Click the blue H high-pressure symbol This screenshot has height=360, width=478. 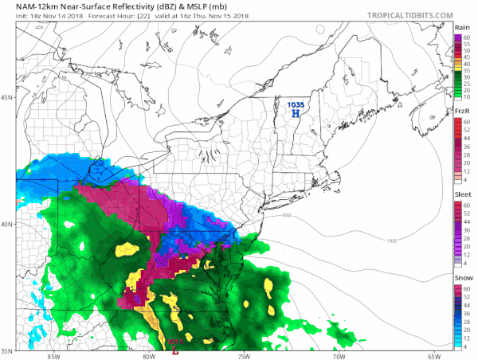[x=296, y=114]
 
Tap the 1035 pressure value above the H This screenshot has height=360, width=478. [x=296, y=104]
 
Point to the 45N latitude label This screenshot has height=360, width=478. [x=7, y=98]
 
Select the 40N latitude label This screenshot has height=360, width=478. [x=7, y=224]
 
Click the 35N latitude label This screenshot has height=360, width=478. [x=7, y=350]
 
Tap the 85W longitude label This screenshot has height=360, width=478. [x=53, y=356]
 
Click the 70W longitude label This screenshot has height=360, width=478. [x=339, y=356]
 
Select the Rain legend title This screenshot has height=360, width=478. [x=460, y=28]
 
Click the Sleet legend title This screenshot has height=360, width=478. [x=460, y=194]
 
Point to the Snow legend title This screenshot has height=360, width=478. [x=460, y=276]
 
